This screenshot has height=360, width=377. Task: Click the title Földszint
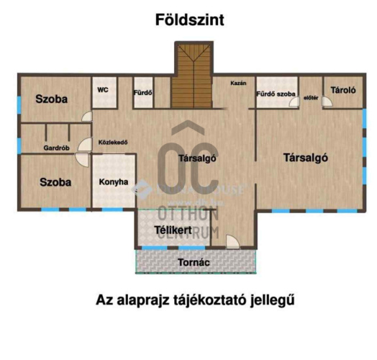(189, 20)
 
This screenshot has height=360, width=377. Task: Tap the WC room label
(103, 90)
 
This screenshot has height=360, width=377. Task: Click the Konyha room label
(114, 181)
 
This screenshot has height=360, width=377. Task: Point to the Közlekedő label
(113, 142)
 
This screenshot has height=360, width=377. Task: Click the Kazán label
(238, 84)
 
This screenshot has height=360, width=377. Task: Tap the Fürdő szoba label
(276, 94)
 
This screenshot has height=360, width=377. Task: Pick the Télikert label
(173, 230)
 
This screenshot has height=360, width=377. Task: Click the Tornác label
(194, 263)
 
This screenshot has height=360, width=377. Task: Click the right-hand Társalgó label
(306, 158)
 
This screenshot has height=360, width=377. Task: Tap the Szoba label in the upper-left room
(52, 99)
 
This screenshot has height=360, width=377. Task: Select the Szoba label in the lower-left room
(55, 182)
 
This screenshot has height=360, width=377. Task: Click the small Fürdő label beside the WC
(142, 93)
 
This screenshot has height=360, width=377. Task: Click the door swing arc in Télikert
(232, 240)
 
